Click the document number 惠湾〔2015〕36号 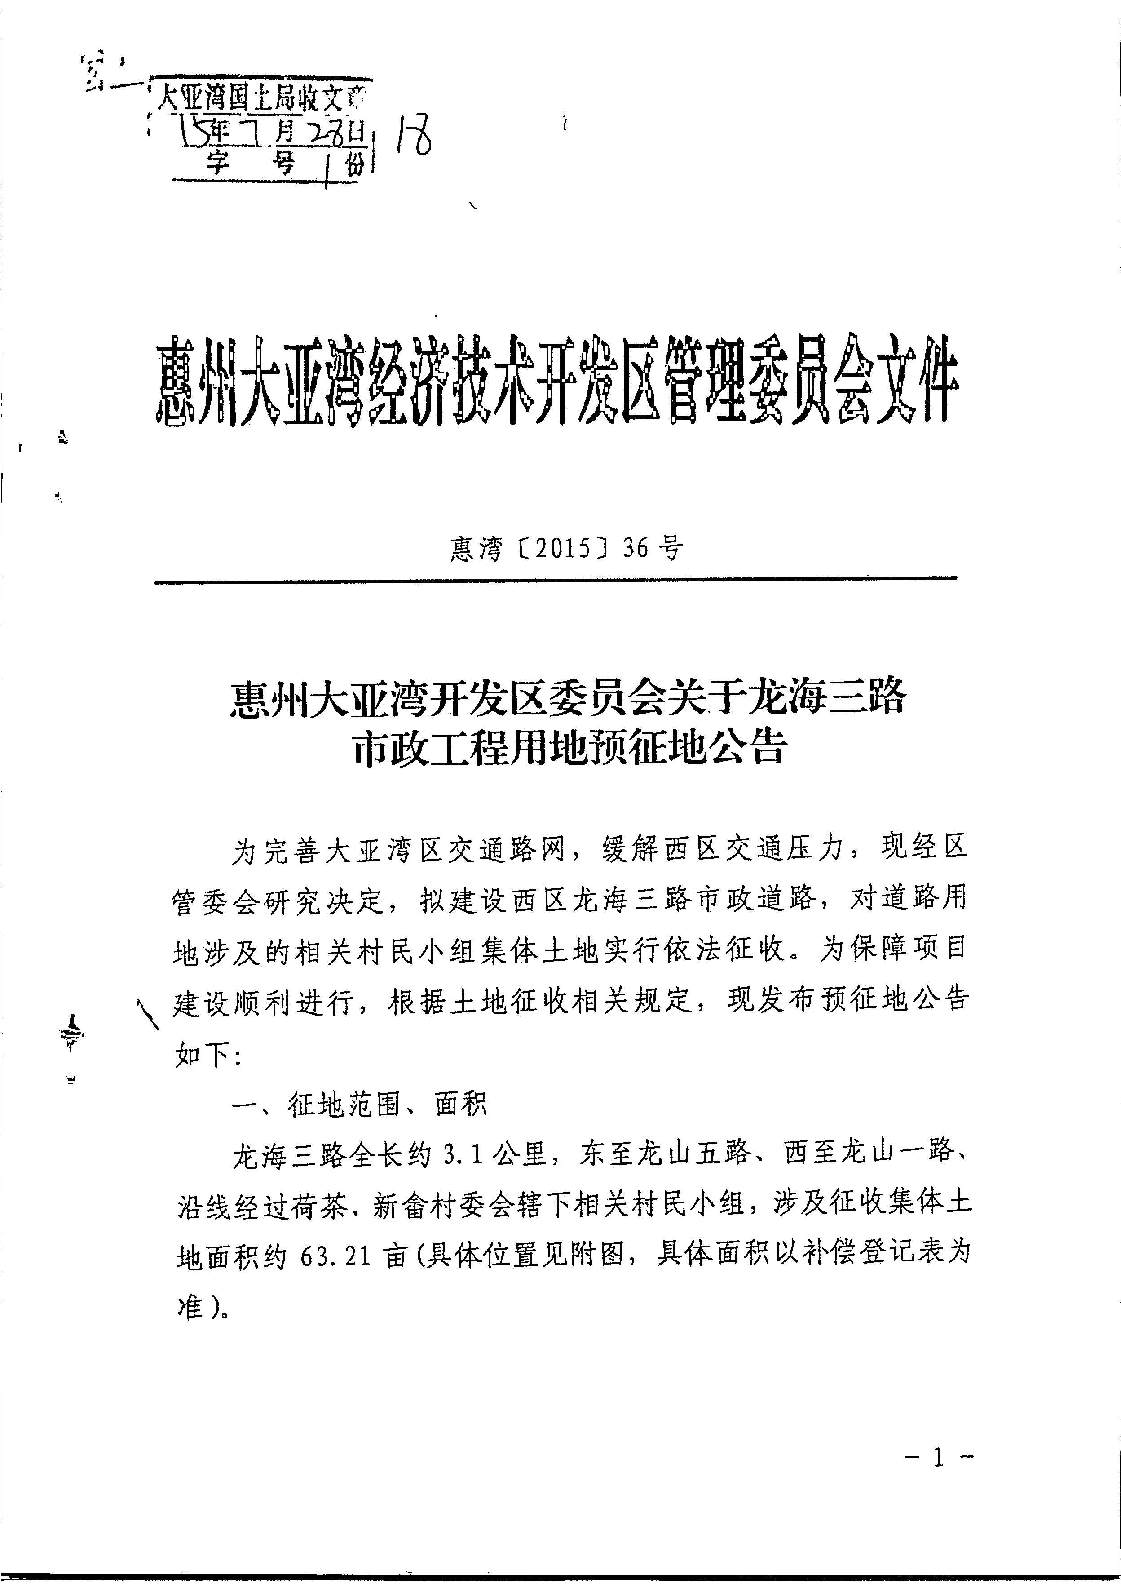point(566,549)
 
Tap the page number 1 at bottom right point(937,1458)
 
